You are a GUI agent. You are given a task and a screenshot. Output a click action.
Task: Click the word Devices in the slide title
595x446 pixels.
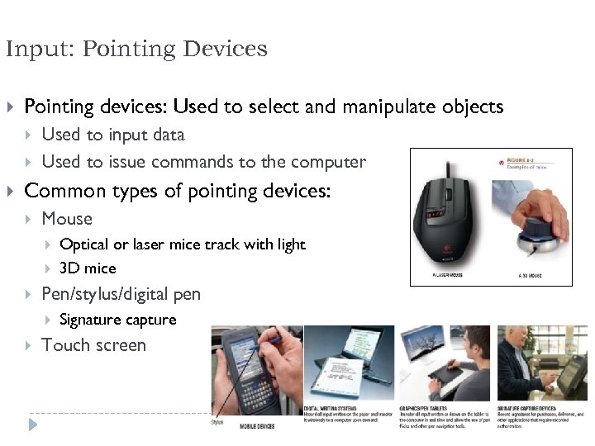(x=226, y=50)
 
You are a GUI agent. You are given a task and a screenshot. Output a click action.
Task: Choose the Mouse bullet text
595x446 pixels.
(x=67, y=219)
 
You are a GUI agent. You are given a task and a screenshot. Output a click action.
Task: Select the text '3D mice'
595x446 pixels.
(x=88, y=268)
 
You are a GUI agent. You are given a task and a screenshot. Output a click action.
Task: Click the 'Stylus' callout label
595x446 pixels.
(x=217, y=422)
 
